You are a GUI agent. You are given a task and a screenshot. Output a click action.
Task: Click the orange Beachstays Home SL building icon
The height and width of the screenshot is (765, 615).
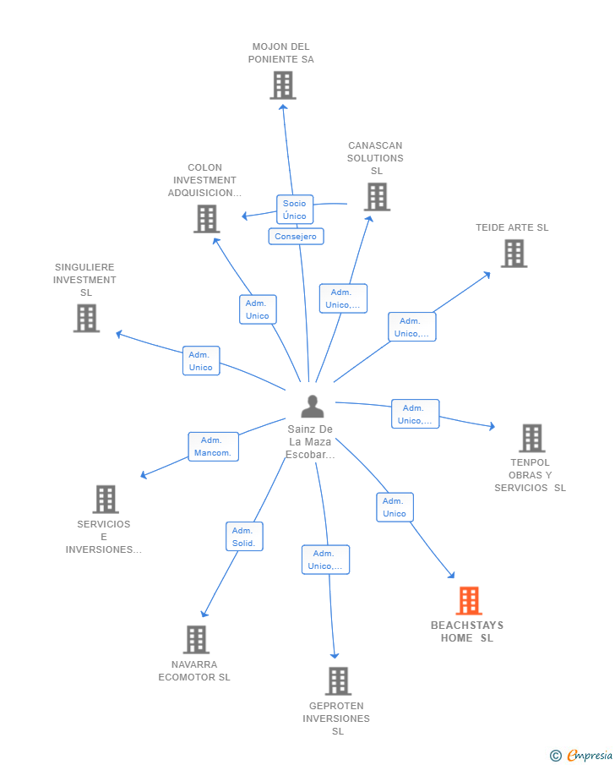469,600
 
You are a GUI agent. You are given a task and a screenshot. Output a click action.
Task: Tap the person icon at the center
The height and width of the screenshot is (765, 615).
312,406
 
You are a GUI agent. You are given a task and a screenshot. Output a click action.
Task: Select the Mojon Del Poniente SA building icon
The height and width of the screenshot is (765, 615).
283,85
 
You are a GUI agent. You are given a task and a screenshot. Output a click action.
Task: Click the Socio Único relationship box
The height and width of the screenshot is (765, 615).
295,210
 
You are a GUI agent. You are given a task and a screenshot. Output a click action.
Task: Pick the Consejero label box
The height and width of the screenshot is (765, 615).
296,236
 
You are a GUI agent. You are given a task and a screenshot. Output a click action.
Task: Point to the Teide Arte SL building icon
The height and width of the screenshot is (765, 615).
514,254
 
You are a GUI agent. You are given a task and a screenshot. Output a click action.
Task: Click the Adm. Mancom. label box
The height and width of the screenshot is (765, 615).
213,446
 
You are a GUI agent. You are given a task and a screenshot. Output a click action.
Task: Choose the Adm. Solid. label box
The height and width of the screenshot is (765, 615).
244,537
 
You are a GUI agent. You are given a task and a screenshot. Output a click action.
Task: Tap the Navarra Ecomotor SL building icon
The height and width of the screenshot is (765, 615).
196,640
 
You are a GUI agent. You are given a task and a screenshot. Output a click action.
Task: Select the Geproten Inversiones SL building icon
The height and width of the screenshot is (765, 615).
338,681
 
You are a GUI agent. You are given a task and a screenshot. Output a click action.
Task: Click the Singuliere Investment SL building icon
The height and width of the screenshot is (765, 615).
86,318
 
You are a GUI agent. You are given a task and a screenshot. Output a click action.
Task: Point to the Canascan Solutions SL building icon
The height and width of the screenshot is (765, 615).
377,197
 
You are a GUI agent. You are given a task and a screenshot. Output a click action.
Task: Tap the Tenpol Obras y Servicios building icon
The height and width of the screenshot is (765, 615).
532,438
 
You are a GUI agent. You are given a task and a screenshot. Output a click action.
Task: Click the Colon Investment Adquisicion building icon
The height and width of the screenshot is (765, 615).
207,219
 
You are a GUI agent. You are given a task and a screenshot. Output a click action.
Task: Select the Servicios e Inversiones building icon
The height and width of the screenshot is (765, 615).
106,499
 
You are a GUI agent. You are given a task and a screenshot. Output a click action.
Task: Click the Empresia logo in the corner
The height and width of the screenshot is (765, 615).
581,755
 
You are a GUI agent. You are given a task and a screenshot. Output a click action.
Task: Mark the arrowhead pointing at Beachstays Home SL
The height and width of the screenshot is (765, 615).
452,575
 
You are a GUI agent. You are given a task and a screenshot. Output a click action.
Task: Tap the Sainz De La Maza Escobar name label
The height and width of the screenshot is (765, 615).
310,442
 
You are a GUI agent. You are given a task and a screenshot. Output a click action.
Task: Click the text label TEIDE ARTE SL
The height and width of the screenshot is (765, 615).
512,227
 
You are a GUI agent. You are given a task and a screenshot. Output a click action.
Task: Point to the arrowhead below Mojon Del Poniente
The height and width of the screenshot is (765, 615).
283,107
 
